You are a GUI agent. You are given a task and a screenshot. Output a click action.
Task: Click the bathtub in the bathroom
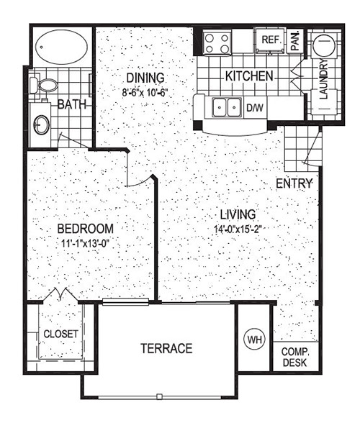62,47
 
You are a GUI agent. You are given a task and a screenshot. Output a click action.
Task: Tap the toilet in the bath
44,85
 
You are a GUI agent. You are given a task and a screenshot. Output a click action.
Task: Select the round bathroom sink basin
41,124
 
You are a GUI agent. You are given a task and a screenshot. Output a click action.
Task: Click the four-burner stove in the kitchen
217,43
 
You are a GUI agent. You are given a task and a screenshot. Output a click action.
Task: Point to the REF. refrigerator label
271,40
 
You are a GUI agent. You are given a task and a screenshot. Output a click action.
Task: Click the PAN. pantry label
295,40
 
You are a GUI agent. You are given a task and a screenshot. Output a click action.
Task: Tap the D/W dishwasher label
255,108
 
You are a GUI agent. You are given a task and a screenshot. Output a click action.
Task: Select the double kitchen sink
228,108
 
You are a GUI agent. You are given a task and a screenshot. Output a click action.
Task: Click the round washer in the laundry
324,45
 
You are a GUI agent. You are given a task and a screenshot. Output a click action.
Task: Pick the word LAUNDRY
323,79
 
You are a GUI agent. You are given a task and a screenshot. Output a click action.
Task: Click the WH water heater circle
254,340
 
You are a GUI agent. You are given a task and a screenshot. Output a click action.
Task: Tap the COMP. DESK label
295,357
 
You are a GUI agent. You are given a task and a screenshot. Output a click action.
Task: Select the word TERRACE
166,348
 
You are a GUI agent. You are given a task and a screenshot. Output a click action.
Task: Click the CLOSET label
60,334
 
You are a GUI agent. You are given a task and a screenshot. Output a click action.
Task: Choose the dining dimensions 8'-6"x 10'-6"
145,92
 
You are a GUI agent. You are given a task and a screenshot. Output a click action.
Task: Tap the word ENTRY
294,183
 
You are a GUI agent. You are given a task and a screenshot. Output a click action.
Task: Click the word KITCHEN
249,76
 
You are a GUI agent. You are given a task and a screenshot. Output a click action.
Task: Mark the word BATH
72,104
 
